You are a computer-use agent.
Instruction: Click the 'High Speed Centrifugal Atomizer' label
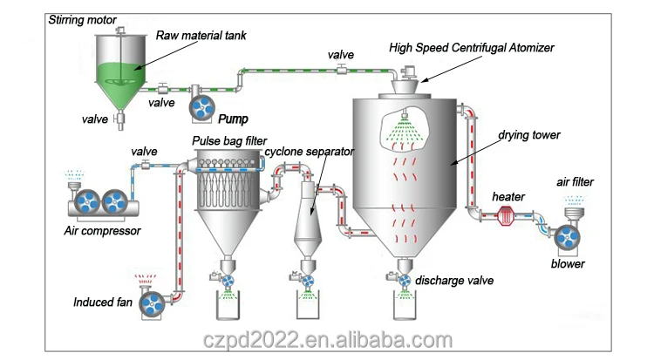tap(471, 47)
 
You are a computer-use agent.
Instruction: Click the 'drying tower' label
tap(528, 136)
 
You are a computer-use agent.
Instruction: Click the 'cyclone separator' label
tap(310, 151)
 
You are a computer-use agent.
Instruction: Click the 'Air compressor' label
tap(102, 231)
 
